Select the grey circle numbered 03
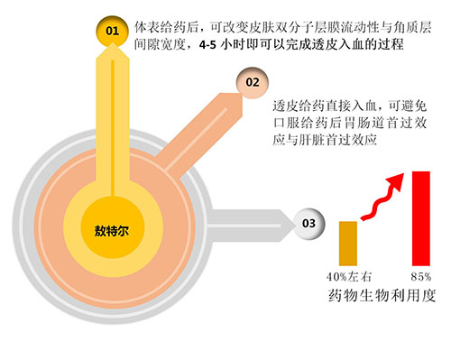[308, 221]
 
